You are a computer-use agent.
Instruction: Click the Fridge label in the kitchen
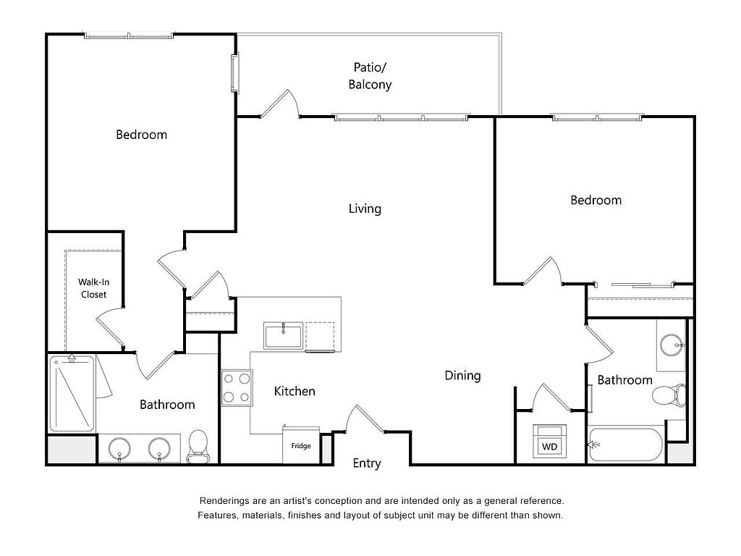300,446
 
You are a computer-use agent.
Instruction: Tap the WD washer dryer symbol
550,441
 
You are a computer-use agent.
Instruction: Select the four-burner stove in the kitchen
237,388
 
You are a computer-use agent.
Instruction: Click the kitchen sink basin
283,336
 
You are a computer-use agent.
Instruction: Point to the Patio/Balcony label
370,75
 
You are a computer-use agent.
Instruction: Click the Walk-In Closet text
93,288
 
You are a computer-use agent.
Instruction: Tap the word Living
365,208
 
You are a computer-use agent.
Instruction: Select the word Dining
462,376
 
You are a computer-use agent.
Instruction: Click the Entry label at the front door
367,463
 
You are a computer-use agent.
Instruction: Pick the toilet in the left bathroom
198,446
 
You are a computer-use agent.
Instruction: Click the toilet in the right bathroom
669,395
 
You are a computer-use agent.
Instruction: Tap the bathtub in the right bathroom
625,445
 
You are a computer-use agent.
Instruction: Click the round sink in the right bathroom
671,345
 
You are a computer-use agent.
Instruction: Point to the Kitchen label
295,391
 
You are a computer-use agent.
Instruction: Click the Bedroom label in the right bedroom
596,200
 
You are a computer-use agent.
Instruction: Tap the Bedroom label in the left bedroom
141,135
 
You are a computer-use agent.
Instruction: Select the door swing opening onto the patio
281,104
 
